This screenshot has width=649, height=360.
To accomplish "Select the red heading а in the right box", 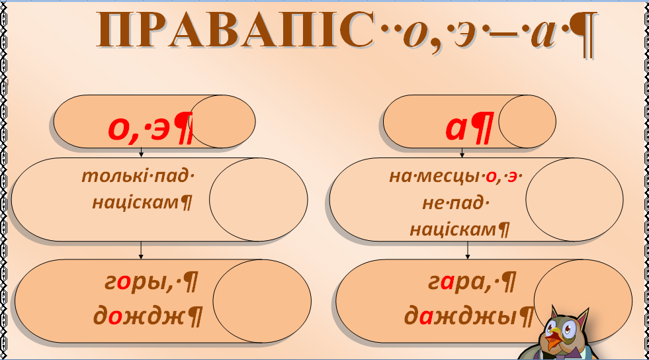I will pyautogui.click(x=461, y=128).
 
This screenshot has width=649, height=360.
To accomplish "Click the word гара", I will pyautogui.click(x=457, y=283).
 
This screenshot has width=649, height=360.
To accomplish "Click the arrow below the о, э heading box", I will pyautogui.click(x=142, y=153).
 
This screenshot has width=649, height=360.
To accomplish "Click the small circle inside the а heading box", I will pyautogui.click(x=527, y=121).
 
